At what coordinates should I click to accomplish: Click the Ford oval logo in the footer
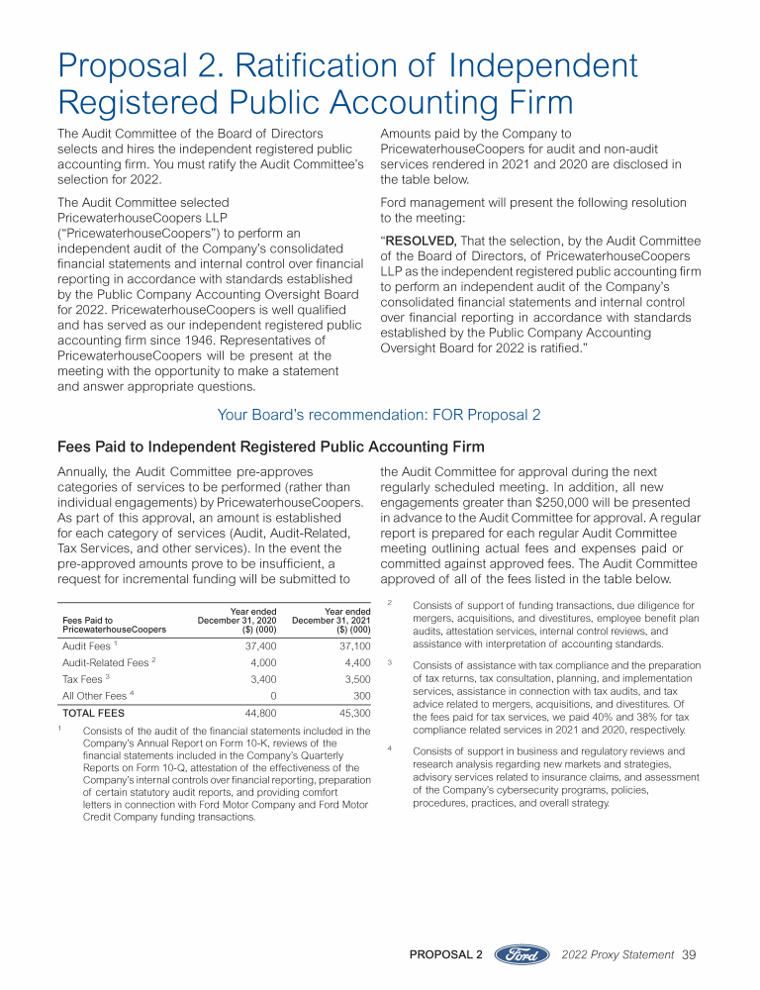tap(521, 954)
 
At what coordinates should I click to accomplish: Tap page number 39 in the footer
tap(690, 954)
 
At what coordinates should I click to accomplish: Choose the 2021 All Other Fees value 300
tap(361, 696)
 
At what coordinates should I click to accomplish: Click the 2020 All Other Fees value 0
tap(272, 696)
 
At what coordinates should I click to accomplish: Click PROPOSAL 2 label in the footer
tap(445, 954)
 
